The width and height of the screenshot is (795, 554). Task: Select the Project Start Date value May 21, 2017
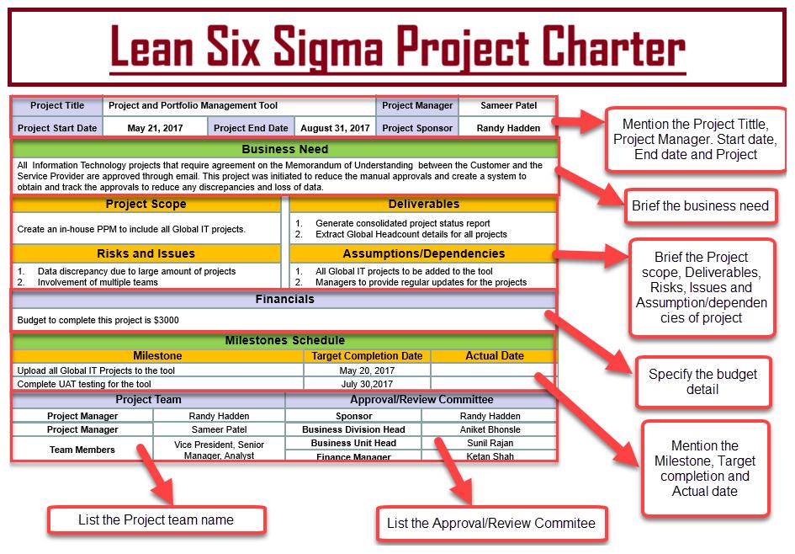(155, 128)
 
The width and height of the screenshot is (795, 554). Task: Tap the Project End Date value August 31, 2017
(335, 128)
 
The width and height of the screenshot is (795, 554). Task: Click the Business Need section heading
(285, 149)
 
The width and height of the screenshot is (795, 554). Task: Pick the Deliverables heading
(424, 204)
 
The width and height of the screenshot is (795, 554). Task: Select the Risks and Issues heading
(146, 253)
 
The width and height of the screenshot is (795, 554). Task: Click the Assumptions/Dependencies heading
(424, 253)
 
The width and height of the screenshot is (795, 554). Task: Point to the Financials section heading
(285, 300)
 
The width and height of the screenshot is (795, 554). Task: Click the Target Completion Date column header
(367, 356)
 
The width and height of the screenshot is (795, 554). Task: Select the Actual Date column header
(495, 356)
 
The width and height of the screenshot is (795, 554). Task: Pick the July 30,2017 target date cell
(367, 384)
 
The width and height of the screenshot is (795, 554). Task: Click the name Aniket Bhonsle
(490, 429)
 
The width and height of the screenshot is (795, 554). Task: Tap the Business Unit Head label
(354, 443)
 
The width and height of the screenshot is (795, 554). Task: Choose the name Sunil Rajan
(490, 443)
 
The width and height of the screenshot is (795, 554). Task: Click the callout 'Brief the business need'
(700, 206)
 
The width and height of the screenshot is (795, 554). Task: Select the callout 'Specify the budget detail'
(702, 382)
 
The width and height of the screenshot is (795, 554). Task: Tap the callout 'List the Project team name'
(156, 520)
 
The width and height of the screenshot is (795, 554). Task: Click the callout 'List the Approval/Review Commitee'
(491, 523)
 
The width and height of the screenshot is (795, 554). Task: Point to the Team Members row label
(82, 450)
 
